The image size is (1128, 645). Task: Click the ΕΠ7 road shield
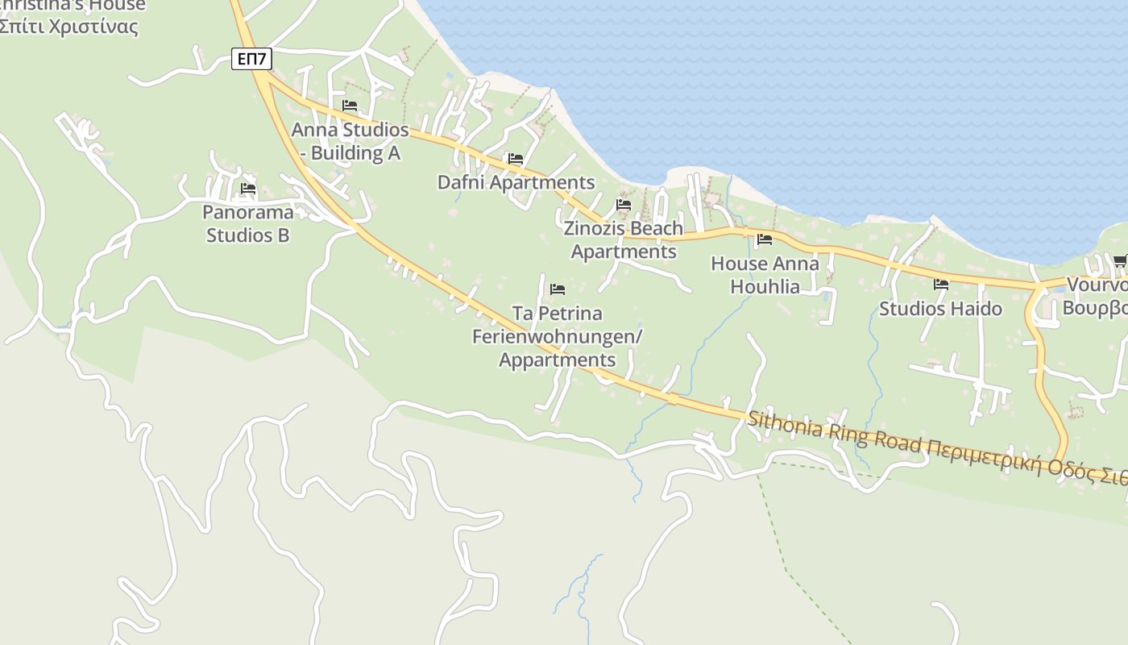click(x=251, y=59)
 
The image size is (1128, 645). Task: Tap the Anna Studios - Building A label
click(x=350, y=141)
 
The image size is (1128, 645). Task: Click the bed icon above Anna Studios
click(x=350, y=106)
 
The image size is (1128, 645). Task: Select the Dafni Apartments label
click(x=516, y=182)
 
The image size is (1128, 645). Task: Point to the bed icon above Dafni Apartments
click(x=516, y=159)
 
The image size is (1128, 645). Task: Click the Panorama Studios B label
click(x=247, y=224)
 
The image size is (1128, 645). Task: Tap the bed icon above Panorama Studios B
click(x=248, y=189)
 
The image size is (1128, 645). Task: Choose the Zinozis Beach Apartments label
click(x=623, y=239)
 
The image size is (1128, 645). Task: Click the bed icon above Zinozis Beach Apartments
click(x=624, y=205)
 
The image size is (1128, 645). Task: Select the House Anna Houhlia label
click(x=765, y=275)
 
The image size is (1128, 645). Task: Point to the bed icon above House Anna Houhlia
click(x=765, y=239)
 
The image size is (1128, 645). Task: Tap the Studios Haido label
click(x=940, y=309)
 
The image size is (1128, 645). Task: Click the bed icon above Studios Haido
click(x=940, y=285)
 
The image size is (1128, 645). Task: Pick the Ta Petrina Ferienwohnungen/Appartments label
click(x=557, y=336)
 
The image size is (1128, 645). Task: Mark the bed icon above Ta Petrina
click(x=558, y=289)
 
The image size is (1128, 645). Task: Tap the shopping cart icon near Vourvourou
click(x=1119, y=260)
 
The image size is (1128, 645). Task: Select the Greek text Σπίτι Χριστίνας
click(x=68, y=27)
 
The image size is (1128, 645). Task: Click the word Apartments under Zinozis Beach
click(x=624, y=252)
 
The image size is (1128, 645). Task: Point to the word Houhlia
click(x=765, y=286)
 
